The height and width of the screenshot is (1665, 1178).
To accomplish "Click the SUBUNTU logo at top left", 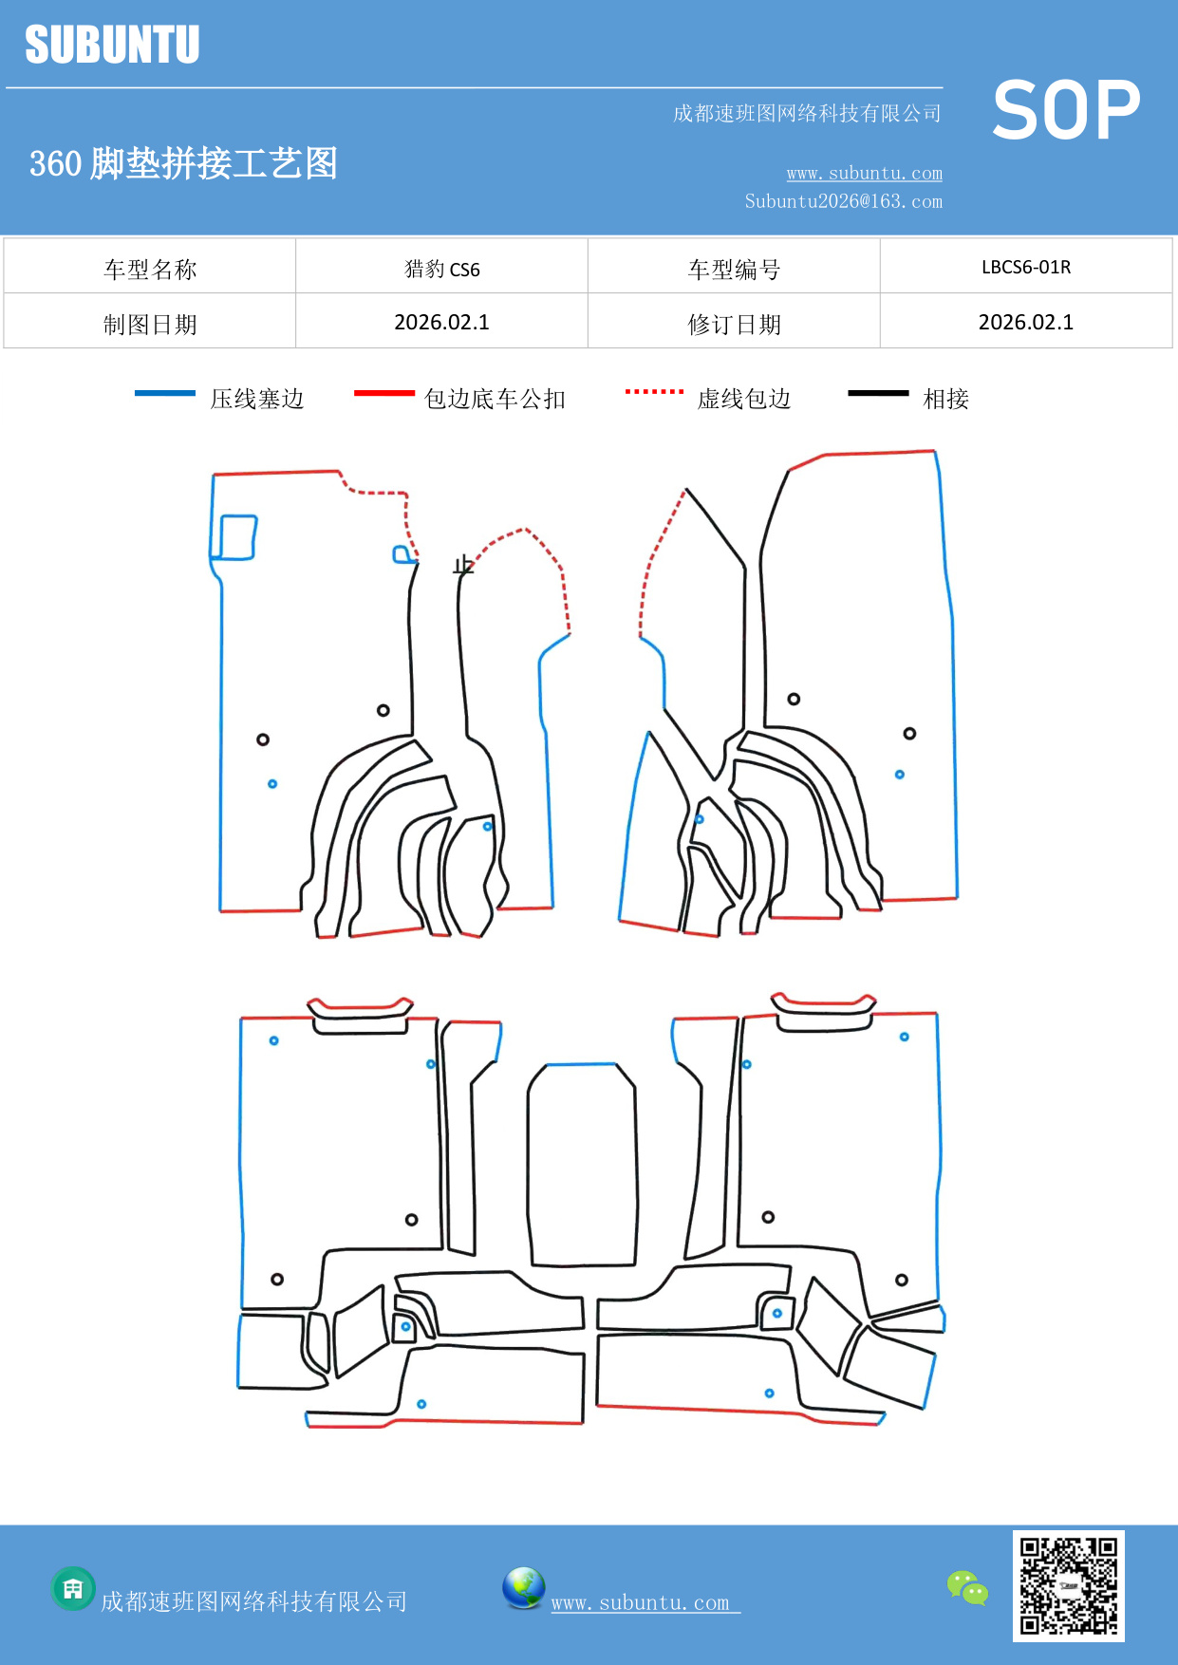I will pyautogui.click(x=112, y=45).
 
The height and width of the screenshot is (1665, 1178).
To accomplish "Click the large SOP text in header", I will pyautogui.click(x=1065, y=110).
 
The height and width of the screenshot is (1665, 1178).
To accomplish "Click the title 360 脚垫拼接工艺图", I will pyautogui.click(x=183, y=163).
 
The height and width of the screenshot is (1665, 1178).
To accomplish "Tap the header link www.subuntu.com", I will pyautogui.click(x=864, y=173).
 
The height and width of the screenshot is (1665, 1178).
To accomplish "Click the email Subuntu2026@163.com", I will pyautogui.click(x=843, y=201).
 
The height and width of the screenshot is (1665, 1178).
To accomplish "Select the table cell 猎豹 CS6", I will pyautogui.click(x=441, y=269).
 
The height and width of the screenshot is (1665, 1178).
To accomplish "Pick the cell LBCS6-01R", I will pyautogui.click(x=1025, y=268).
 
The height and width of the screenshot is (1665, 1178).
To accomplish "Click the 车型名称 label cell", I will pyautogui.click(x=150, y=270).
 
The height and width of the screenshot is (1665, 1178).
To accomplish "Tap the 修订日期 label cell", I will pyautogui.click(x=734, y=325).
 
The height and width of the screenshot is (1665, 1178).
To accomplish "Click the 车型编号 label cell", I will pyautogui.click(x=734, y=270).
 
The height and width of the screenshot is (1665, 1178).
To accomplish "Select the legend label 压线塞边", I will pyautogui.click(x=256, y=399).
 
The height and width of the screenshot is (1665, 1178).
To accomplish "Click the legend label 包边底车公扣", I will pyautogui.click(x=495, y=399).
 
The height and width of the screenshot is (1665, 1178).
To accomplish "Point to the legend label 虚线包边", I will pyautogui.click(x=743, y=399).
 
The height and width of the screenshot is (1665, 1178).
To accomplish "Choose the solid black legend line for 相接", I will pyautogui.click(x=878, y=393).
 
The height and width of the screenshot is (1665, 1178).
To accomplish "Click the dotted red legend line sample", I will pyautogui.click(x=654, y=391).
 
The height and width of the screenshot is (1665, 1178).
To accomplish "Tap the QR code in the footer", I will pyautogui.click(x=1068, y=1585).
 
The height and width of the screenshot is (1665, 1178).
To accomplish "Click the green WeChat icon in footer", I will pyautogui.click(x=967, y=1587).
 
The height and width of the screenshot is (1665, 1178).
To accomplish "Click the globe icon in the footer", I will pyautogui.click(x=523, y=1588).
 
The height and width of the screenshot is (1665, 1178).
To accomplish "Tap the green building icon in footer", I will pyautogui.click(x=73, y=1588).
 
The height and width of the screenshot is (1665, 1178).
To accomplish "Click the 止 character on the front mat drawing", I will pyautogui.click(x=463, y=566).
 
